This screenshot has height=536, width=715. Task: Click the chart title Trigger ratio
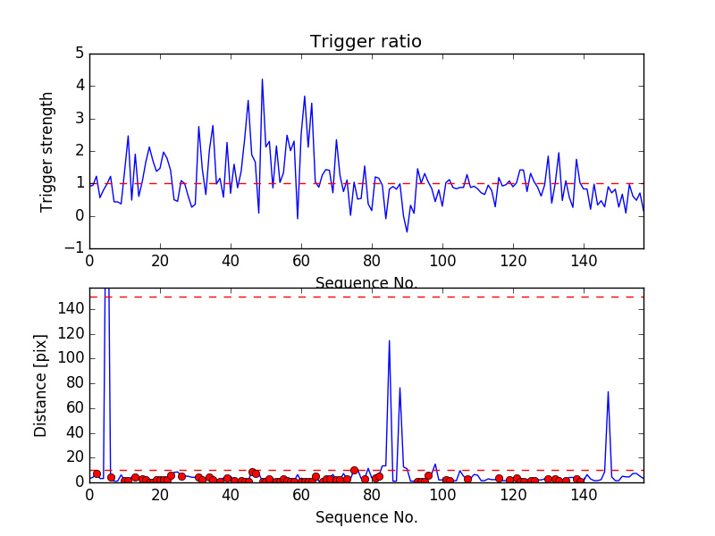(x=366, y=42)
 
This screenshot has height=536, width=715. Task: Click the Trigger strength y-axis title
(x=47, y=151)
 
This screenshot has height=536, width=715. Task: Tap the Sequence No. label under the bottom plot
(x=366, y=517)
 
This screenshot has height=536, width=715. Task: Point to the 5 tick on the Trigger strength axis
(x=79, y=54)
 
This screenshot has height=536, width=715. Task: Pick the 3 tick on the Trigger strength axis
(x=79, y=119)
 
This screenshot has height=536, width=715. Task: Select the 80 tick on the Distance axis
(x=76, y=383)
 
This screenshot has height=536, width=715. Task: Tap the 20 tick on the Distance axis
(x=76, y=457)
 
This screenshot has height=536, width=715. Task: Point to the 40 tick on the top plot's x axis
(x=231, y=261)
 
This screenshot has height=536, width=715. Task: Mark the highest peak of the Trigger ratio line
(x=262, y=80)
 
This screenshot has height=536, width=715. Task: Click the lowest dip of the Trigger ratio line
(x=407, y=232)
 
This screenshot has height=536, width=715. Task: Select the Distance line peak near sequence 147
(x=608, y=391)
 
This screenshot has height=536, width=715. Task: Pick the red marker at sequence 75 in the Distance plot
(x=354, y=470)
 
